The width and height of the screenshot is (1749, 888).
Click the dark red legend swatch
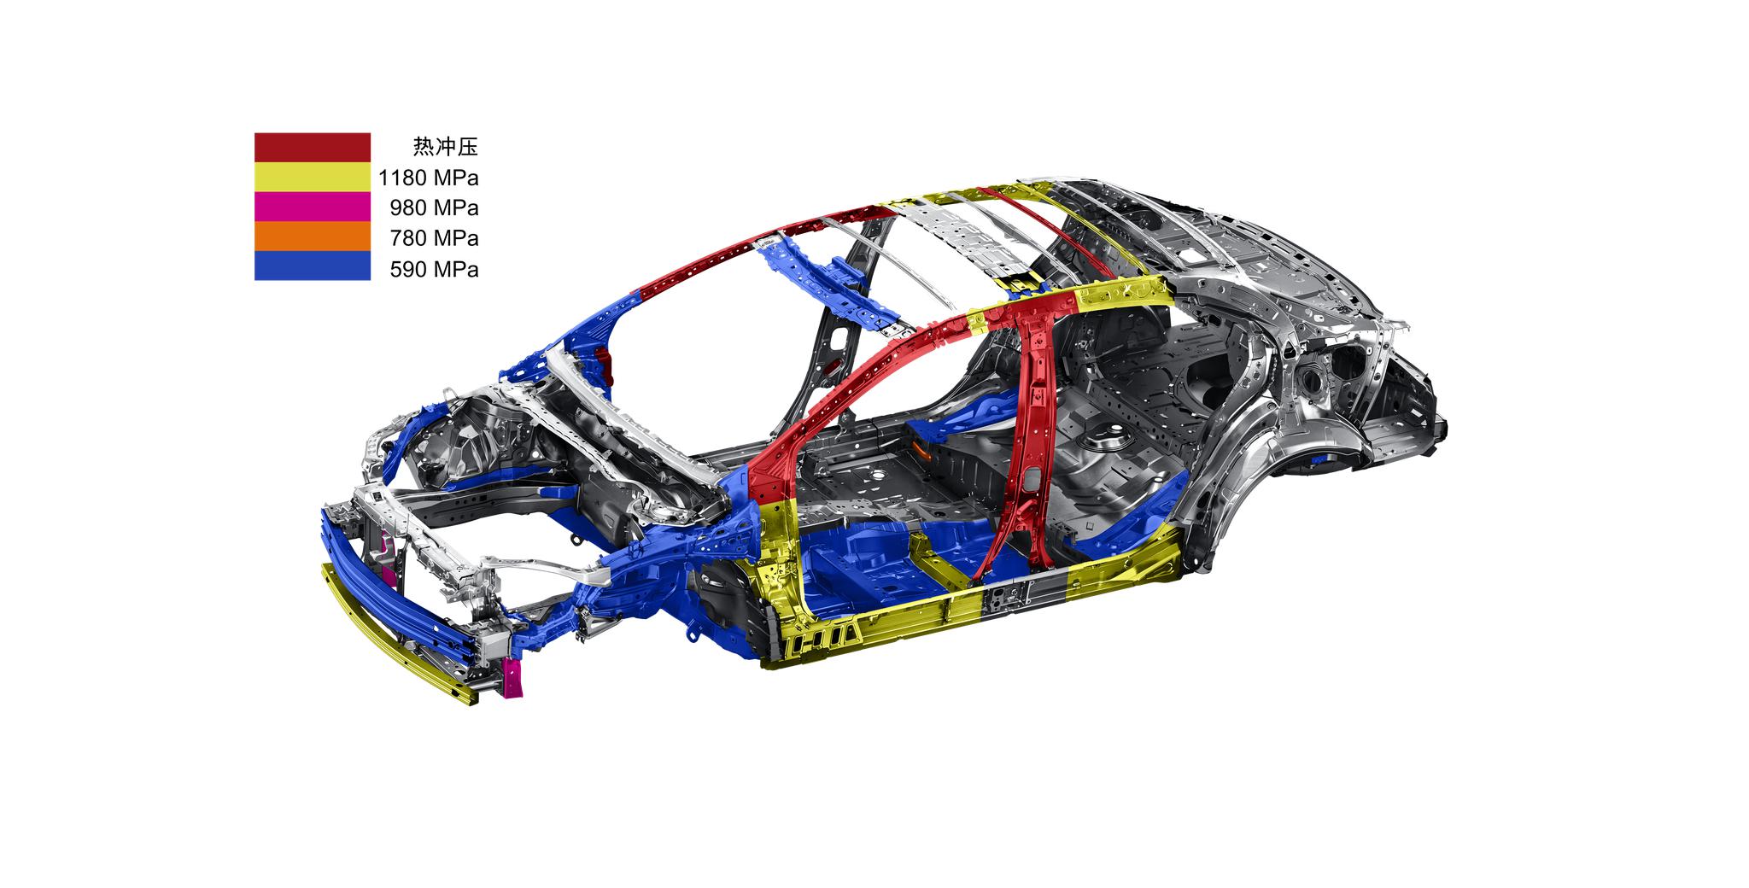pos(312,148)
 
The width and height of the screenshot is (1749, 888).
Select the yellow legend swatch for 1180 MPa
pos(312,178)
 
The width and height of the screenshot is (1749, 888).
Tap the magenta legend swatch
pos(312,207)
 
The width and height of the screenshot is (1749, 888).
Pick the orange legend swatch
pos(312,237)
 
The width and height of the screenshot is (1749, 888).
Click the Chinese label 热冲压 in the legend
pos(445,147)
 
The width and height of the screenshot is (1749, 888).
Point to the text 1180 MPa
pos(428,178)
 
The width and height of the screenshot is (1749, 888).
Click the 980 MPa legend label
pos(434,207)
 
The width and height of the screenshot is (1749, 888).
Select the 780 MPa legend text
pos(434,237)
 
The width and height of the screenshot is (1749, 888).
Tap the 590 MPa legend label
pos(434,269)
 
